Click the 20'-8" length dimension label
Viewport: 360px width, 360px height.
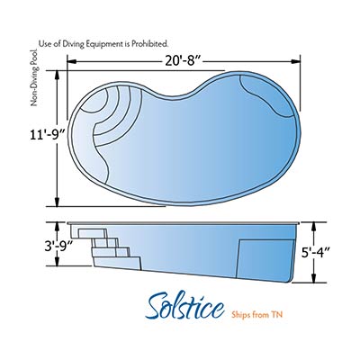[183, 61]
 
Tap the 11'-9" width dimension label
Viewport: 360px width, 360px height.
[48, 135]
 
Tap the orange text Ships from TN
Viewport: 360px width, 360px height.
[257, 314]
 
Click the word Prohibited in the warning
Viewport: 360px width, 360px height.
[150, 44]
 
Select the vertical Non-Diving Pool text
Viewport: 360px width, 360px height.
[35, 77]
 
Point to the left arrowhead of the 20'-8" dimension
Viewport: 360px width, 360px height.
[71, 61]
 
